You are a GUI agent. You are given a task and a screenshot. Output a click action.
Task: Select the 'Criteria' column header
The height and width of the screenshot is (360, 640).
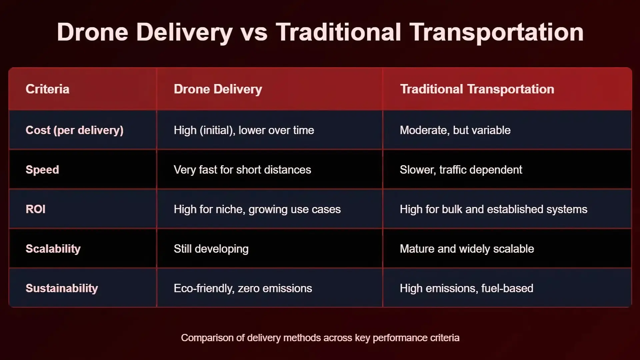click(x=47, y=89)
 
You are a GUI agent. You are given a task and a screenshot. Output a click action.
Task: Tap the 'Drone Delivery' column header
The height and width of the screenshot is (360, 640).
click(x=218, y=89)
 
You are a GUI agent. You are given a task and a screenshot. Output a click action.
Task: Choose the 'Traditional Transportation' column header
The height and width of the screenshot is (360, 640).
click(x=477, y=89)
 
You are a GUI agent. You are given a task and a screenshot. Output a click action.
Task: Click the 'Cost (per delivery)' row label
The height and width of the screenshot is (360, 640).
click(x=74, y=130)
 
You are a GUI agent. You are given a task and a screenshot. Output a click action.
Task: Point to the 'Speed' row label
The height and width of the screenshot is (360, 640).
click(x=42, y=170)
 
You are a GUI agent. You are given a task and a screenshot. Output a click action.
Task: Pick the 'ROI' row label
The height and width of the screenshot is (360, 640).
click(x=36, y=209)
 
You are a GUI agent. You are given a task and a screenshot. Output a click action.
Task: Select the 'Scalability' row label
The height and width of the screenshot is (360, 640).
click(x=53, y=249)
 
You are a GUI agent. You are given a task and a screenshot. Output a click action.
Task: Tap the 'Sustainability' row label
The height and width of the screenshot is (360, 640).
click(x=62, y=288)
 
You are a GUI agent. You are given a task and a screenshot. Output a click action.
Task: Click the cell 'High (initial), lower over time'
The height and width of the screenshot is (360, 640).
click(x=244, y=130)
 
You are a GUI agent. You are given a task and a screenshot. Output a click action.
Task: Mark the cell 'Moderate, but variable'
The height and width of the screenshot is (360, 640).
click(x=455, y=130)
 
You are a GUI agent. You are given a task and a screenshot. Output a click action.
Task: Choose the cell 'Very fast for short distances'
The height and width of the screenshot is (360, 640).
click(x=242, y=170)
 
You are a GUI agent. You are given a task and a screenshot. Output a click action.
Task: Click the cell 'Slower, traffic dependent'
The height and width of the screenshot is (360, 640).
click(x=461, y=170)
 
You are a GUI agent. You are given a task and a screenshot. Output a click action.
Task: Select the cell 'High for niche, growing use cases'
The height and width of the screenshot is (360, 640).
click(x=257, y=209)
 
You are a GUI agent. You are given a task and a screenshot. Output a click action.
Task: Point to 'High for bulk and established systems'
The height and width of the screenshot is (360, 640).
click(x=494, y=209)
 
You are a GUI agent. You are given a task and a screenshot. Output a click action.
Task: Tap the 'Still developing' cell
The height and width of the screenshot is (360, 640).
click(x=211, y=249)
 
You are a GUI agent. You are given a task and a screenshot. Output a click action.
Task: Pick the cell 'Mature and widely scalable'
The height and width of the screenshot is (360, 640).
click(x=467, y=249)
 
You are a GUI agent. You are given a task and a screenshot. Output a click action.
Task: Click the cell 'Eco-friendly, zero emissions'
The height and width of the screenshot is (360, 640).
click(x=243, y=288)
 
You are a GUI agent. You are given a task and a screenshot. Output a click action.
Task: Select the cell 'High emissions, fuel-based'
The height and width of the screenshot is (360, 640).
click(x=467, y=288)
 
